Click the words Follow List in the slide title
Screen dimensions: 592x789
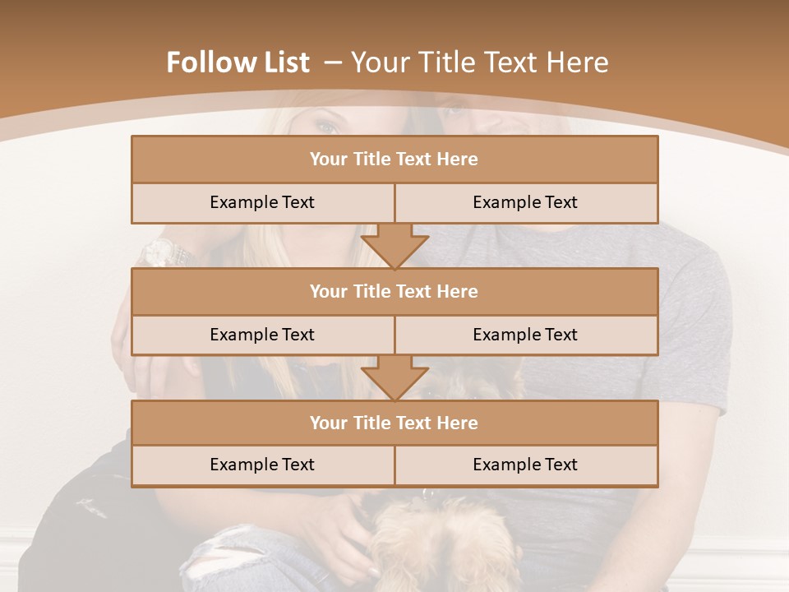[238, 62]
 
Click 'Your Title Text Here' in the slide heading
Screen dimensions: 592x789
[479, 62]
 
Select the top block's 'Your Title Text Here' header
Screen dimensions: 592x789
[394, 160]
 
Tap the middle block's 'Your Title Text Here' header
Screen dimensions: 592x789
[394, 291]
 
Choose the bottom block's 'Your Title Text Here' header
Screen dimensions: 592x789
[394, 423]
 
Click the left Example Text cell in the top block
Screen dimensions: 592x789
[262, 202]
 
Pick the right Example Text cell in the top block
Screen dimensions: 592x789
[525, 202]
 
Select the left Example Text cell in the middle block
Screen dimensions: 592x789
[262, 335]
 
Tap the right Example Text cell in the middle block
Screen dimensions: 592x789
[525, 335]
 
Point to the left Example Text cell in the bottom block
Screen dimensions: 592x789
[262, 465]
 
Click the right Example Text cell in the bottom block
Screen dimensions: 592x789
[525, 465]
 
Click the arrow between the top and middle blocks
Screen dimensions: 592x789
[394, 246]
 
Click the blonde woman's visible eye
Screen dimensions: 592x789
[326, 127]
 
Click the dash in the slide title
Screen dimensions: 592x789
[332, 62]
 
